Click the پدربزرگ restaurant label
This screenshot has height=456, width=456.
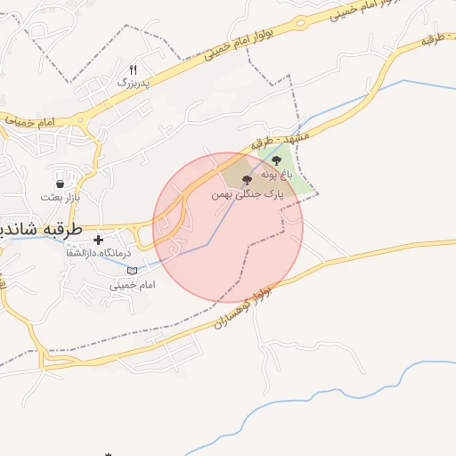coord(135,82)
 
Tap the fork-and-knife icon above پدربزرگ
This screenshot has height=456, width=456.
coord(134,69)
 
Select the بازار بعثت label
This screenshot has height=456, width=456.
coord(60,195)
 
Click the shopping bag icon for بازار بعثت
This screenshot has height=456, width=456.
coord(60,183)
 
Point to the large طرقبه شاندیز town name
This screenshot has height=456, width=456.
coord(40,229)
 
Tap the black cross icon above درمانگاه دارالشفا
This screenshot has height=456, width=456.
coord(98,240)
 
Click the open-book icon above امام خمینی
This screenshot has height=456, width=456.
coord(133,271)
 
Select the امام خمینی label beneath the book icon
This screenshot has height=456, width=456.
coord(133,285)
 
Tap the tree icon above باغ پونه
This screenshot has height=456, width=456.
coord(276,161)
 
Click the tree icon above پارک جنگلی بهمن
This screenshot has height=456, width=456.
coord(247,180)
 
